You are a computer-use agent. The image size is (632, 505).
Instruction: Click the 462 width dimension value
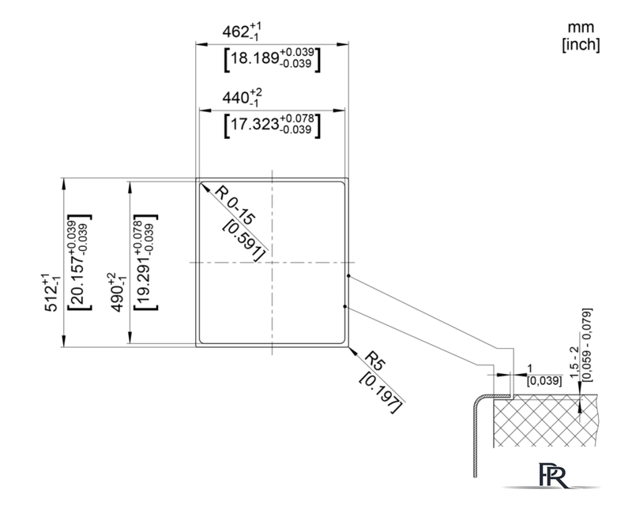coord(242,32)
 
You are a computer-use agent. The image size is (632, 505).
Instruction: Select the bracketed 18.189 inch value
coord(272,59)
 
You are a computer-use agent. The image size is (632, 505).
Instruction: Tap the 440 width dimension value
coord(242,98)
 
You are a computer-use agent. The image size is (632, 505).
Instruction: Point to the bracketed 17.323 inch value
coord(272,125)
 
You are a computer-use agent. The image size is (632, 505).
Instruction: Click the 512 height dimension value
coord(51,293)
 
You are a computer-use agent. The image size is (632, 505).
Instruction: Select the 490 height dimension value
coord(117,293)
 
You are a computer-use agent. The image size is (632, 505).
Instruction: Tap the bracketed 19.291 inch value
coord(145,262)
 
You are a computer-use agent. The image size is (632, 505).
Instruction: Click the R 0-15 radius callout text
coord(235,205)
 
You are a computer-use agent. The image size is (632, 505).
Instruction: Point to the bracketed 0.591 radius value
coord(244,240)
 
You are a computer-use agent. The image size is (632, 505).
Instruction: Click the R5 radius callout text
coord(375,360)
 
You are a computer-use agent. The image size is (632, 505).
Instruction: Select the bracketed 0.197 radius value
coord(381,393)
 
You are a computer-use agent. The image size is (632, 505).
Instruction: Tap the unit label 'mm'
coord(581,28)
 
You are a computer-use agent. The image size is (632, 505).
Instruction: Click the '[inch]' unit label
coord(581,45)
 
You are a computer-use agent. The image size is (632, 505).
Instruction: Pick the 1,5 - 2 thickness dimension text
coord(574,361)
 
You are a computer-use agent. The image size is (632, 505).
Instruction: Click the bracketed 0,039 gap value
coord(544,380)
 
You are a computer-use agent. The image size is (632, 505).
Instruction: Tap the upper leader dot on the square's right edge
coord(348,276)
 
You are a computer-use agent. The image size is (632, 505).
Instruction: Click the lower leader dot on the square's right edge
coord(345,306)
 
